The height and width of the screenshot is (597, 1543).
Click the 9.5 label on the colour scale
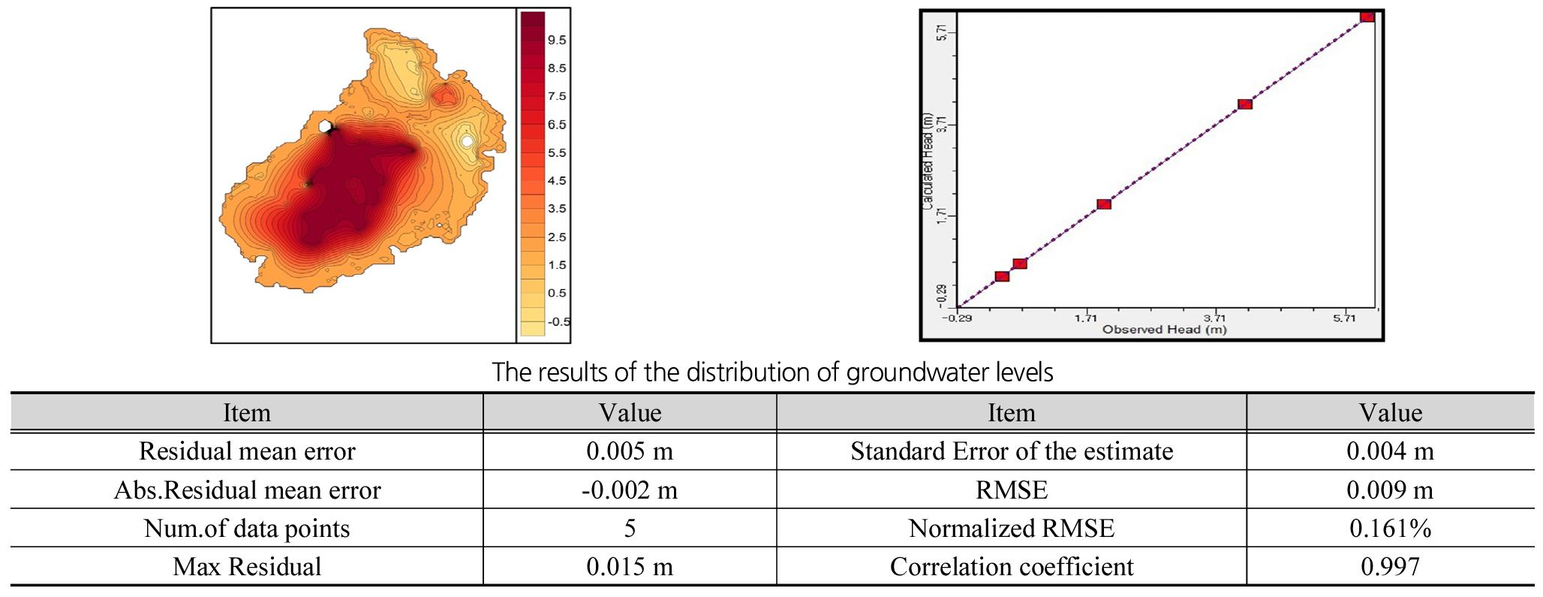557,41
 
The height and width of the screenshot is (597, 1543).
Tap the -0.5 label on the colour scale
558,322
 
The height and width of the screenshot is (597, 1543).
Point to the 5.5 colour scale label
557,153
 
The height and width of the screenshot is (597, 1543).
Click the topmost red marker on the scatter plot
1367,17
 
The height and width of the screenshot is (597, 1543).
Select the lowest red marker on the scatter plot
1002,276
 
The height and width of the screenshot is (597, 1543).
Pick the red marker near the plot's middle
1104,204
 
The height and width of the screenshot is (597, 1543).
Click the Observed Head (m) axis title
1164,330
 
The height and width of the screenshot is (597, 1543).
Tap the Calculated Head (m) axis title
928,161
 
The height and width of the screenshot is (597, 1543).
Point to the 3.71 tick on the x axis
1215,318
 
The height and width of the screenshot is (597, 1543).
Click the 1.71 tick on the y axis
941,216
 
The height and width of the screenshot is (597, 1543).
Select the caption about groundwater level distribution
772,372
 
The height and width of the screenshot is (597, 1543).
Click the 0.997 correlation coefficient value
1390,567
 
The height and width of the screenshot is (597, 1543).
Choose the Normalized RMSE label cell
1011,529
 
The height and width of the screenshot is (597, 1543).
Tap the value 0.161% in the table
1390,529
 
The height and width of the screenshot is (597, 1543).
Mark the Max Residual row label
247,567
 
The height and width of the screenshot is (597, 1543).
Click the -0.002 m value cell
630,490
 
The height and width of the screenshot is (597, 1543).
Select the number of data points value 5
630,529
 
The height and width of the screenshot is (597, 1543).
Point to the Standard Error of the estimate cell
1011,451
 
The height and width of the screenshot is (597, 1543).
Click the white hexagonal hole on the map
326,127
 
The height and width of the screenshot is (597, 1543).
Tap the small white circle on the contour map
467,140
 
